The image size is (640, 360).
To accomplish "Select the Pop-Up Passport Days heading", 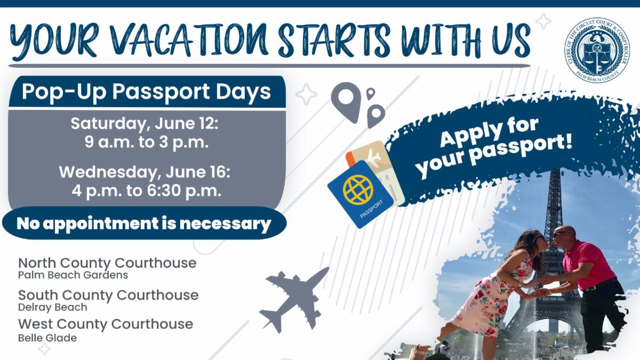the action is pyautogui.click(x=146, y=92).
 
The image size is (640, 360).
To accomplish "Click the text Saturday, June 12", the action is pyautogui.click(x=145, y=123).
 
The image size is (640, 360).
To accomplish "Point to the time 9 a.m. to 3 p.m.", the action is pyautogui.click(x=147, y=142).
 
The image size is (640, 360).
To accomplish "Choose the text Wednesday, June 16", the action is pyautogui.click(x=145, y=172).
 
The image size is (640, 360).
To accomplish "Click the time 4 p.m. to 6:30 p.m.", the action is pyautogui.click(x=147, y=190).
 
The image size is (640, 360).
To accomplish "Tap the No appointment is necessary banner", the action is pyautogui.click(x=144, y=223).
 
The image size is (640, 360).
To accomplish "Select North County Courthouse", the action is pyautogui.click(x=107, y=263).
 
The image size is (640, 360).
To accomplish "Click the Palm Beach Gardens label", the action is pyautogui.click(x=73, y=275).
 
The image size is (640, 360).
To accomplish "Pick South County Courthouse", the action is pyautogui.click(x=108, y=295).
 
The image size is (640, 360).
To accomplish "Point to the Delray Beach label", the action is pyautogui.click(x=53, y=307).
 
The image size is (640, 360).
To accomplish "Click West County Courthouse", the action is pyautogui.click(x=106, y=324).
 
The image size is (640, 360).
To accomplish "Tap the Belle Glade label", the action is pyautogui.click(x=47, y=338).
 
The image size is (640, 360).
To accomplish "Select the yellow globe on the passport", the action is pyautogui.click(x=358, y=190).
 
